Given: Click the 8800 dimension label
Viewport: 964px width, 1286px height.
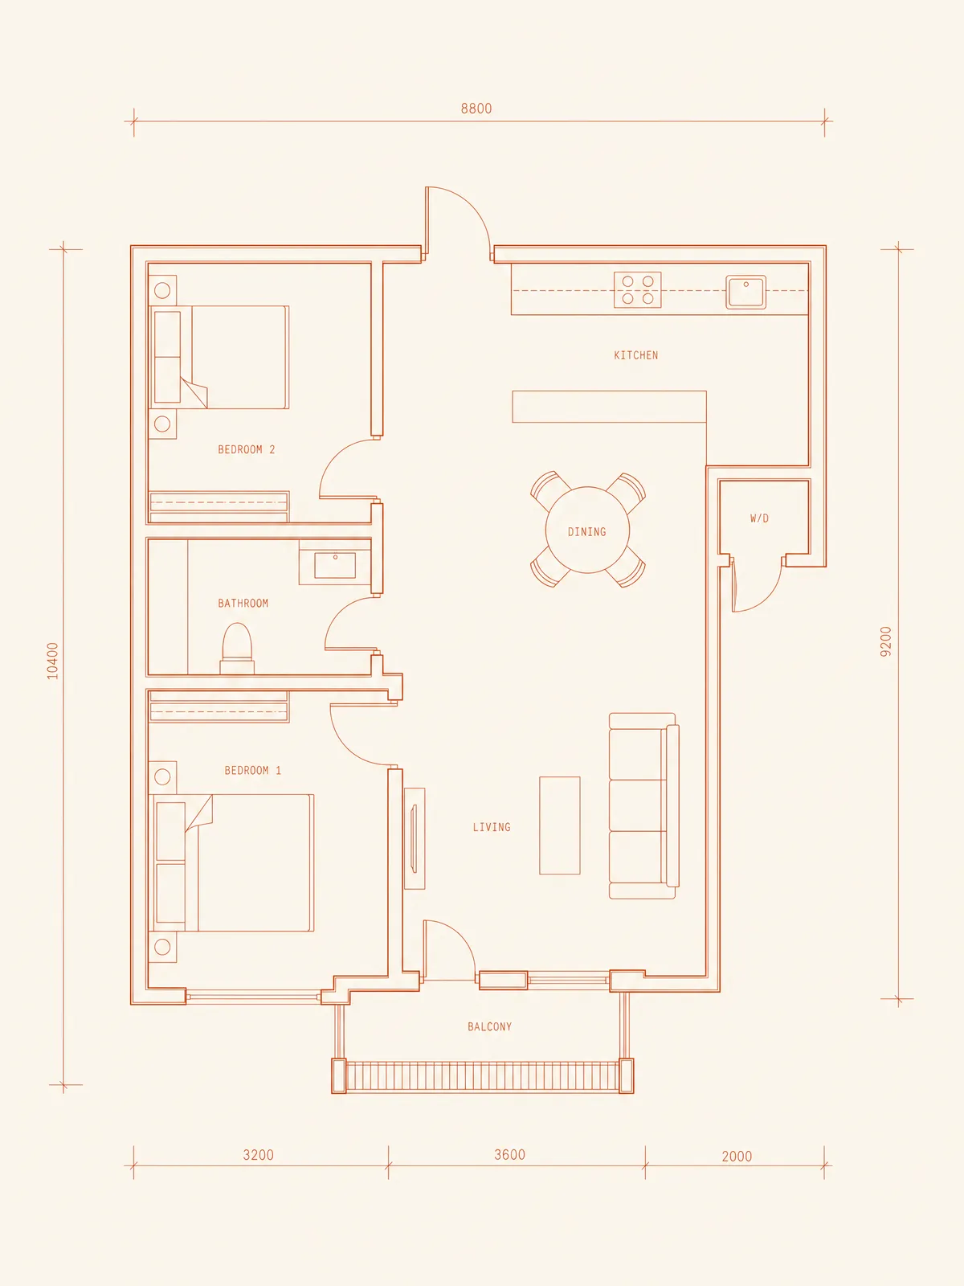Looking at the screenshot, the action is point(476,109).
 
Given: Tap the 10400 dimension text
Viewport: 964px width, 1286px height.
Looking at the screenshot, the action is point(53,661).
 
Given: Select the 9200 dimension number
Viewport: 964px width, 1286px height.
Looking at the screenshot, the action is point(885,641).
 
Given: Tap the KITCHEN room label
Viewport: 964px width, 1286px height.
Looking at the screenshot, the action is point(635,355).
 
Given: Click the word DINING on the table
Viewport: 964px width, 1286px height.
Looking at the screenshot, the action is point(586,532).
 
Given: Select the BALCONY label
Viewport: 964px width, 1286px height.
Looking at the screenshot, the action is point(489,1026).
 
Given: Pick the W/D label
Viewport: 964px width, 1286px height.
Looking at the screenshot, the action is point(759,518).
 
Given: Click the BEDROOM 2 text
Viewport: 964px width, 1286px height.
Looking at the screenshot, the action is point(246,449).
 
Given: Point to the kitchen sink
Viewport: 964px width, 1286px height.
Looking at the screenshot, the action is point(745,292).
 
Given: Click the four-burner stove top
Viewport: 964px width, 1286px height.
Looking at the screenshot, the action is point(637,290).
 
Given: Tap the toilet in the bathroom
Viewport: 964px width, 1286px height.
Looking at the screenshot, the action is point(237,649).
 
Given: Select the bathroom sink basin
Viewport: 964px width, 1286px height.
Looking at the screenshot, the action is point(335,565).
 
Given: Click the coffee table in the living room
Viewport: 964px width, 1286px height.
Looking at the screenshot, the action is point(560,825).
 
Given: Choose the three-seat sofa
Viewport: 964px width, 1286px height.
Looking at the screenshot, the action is point(643,805).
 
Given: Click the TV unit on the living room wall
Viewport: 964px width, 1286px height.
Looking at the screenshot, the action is point(415,838).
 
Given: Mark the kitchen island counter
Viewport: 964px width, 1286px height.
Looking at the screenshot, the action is point(609,407).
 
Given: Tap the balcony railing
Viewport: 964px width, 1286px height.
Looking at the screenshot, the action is point(482,1075).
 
